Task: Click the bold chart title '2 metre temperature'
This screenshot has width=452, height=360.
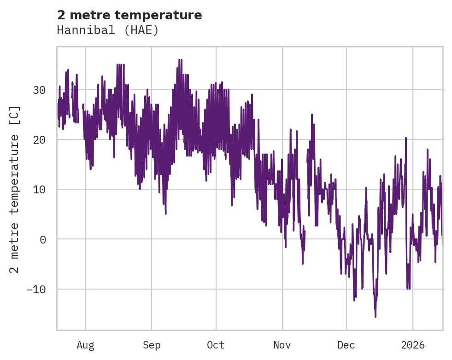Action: tap(129, 15)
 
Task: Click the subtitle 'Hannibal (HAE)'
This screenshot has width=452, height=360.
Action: tap(108, 30)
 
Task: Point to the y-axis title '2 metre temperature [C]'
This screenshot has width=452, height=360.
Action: tap(15, 189)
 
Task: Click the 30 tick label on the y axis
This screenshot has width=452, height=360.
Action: tap(39, 90)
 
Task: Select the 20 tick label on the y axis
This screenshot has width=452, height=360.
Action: tap(39, 139)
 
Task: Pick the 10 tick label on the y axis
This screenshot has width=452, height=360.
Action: tap(39, 189)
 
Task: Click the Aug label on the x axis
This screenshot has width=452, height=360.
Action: tap(85, 345)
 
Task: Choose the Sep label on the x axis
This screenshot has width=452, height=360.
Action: tap(151, 345)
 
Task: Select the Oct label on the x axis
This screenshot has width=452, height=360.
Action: tap(216, 345)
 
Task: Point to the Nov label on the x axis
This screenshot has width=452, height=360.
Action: tap(282, 345)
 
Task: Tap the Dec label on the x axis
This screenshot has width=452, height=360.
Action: tap(346, 345)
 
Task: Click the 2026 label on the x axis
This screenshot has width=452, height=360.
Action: tap(412, 345)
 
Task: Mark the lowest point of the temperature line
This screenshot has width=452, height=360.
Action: tap(376, 317)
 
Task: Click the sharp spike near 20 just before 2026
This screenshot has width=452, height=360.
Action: tap(406, 138)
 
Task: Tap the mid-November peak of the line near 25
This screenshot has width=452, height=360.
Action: tap(312, 115)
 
